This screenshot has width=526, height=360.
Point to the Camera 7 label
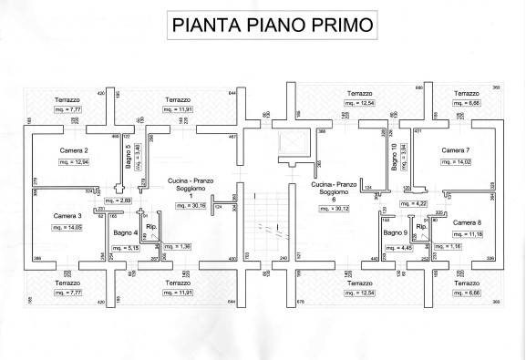coord(455,149)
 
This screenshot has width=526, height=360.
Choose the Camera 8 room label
coord(467,222)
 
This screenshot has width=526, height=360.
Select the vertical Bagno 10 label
coord(394,158)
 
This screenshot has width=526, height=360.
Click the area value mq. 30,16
coord(191,205)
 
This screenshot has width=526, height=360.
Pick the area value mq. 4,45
coord(397,247)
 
